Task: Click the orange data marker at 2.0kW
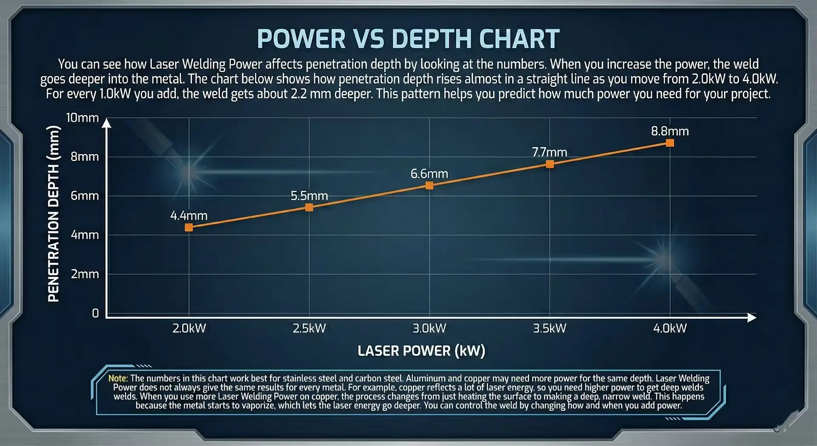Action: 189,227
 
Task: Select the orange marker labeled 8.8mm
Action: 670,143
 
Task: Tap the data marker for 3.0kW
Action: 429,186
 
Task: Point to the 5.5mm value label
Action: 309,196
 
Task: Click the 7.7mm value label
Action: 549,152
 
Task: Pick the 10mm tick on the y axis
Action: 82,118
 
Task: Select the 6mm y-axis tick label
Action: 85,196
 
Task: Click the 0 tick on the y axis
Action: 95,314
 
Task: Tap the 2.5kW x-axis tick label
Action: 309,329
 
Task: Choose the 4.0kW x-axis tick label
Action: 670,329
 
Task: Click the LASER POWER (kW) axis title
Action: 421,351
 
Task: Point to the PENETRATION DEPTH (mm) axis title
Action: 54,214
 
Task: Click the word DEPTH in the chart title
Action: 432,39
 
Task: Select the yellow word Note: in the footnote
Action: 118,378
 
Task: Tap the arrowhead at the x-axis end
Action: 751,317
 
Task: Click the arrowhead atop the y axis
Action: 107,123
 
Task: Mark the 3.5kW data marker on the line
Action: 550,164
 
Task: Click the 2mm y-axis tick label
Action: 85,274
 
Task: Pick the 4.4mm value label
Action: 189,216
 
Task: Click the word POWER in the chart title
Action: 301,39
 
